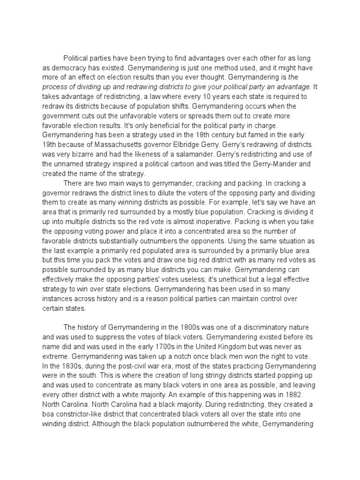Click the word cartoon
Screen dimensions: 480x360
tap(197, 164)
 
